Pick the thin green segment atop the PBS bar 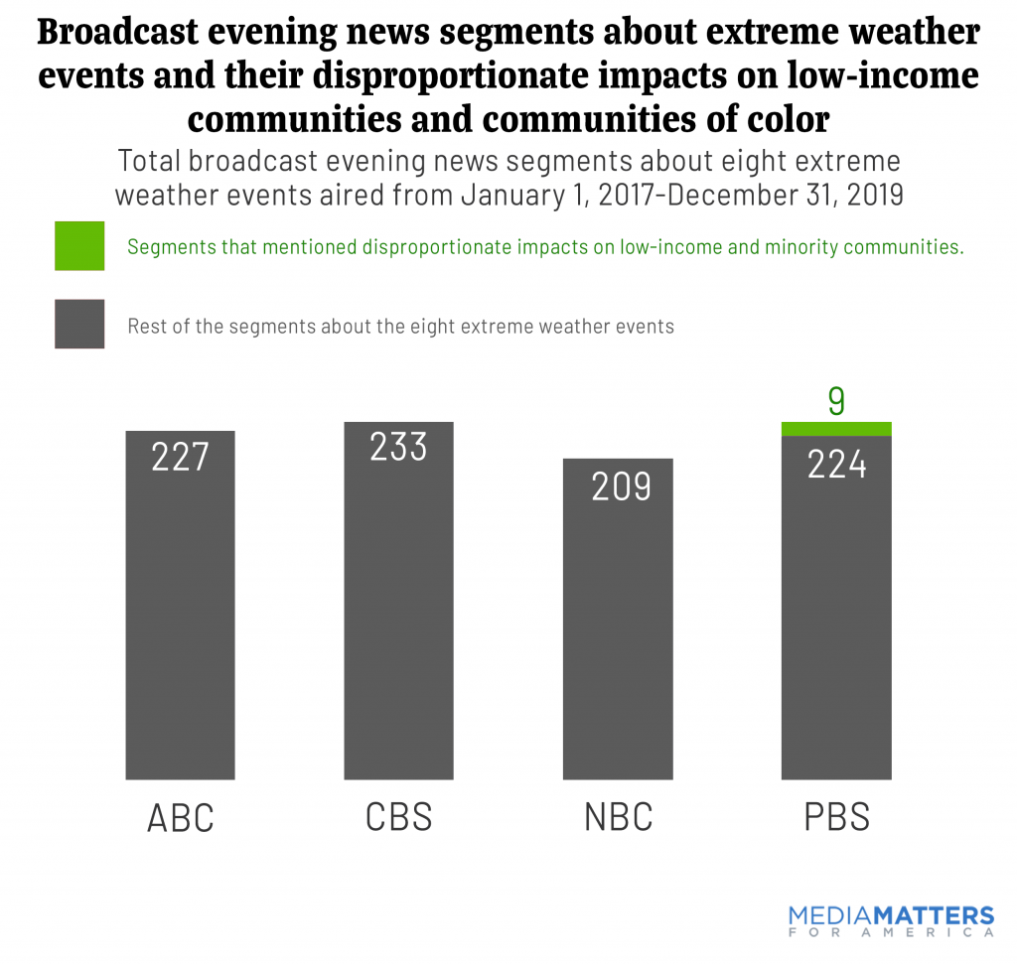(x=836, y=429)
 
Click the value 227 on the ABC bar (x=180, y=457)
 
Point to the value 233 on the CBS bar (x=398, y=448)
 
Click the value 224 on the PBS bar (x=836, y=464)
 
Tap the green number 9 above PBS (x=836, y=402)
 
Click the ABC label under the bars (x=180, y=817)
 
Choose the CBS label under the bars (x=398, y=817)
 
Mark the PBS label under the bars (x=836, y=817)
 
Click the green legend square (x=79, y=246)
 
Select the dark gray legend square (x=79, y=325)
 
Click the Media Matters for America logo (x=891, y=919)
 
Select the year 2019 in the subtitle (x=862, y=194)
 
